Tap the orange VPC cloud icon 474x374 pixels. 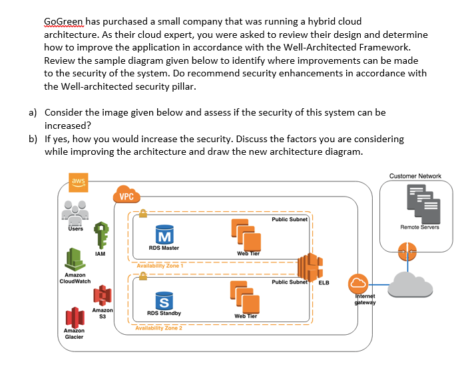click(126, 193)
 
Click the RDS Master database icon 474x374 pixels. click(164, 234)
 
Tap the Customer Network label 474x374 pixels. click(415, 175)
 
